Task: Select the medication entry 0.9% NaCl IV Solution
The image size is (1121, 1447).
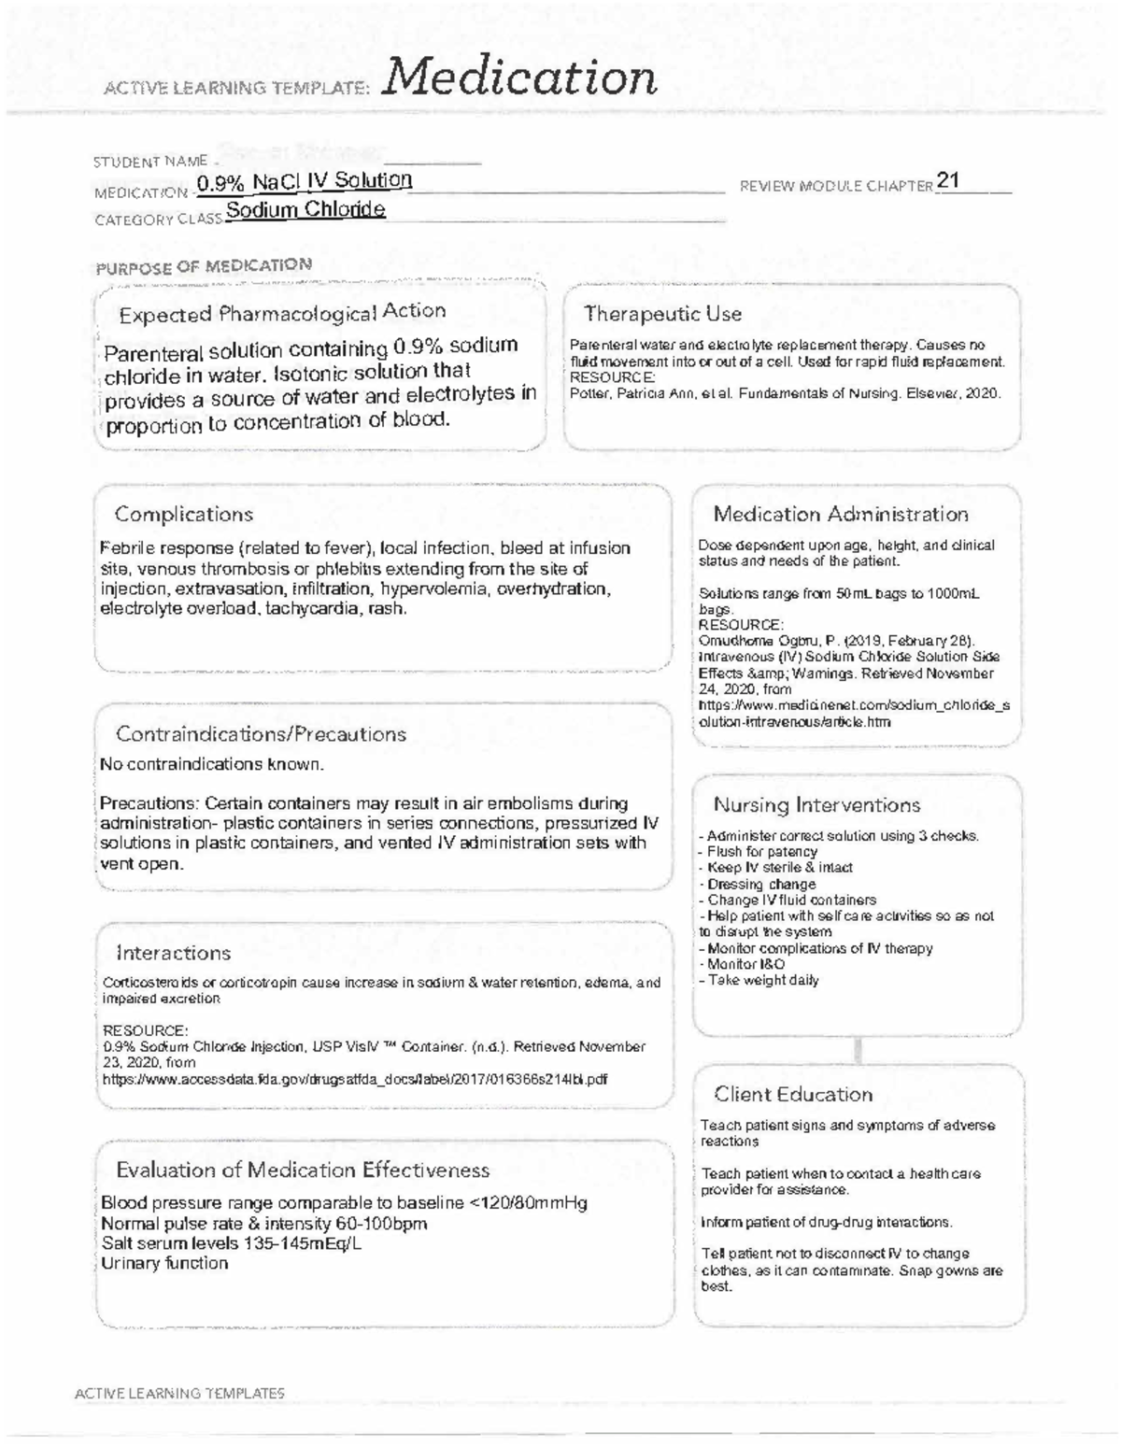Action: (x=305, y=181)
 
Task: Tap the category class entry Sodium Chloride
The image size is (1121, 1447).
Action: (x=305, y=210)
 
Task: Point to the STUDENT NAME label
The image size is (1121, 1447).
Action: (x=149, y=162)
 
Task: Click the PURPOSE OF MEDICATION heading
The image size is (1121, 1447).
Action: (x=204, y=265)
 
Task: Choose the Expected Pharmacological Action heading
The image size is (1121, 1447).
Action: (x=282, y=313)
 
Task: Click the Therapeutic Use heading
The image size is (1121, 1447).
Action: (x=662, y=314)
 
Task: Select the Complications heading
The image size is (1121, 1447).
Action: (x=184, y=515)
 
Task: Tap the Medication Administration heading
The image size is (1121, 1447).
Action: (x=841, y=515)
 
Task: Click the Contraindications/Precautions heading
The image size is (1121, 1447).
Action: (x=261, y=734)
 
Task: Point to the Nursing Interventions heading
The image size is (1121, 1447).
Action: (x=816, y=805)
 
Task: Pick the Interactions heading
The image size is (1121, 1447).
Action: (x=173, y=953)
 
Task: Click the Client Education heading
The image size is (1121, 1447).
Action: (x=793, y=1095)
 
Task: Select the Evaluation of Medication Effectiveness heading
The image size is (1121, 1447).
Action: (x=303, y=1170)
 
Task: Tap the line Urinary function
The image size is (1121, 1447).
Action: (x=164, y=1263)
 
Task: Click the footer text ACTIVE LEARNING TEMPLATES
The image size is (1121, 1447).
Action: (x=179, y=1393)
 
